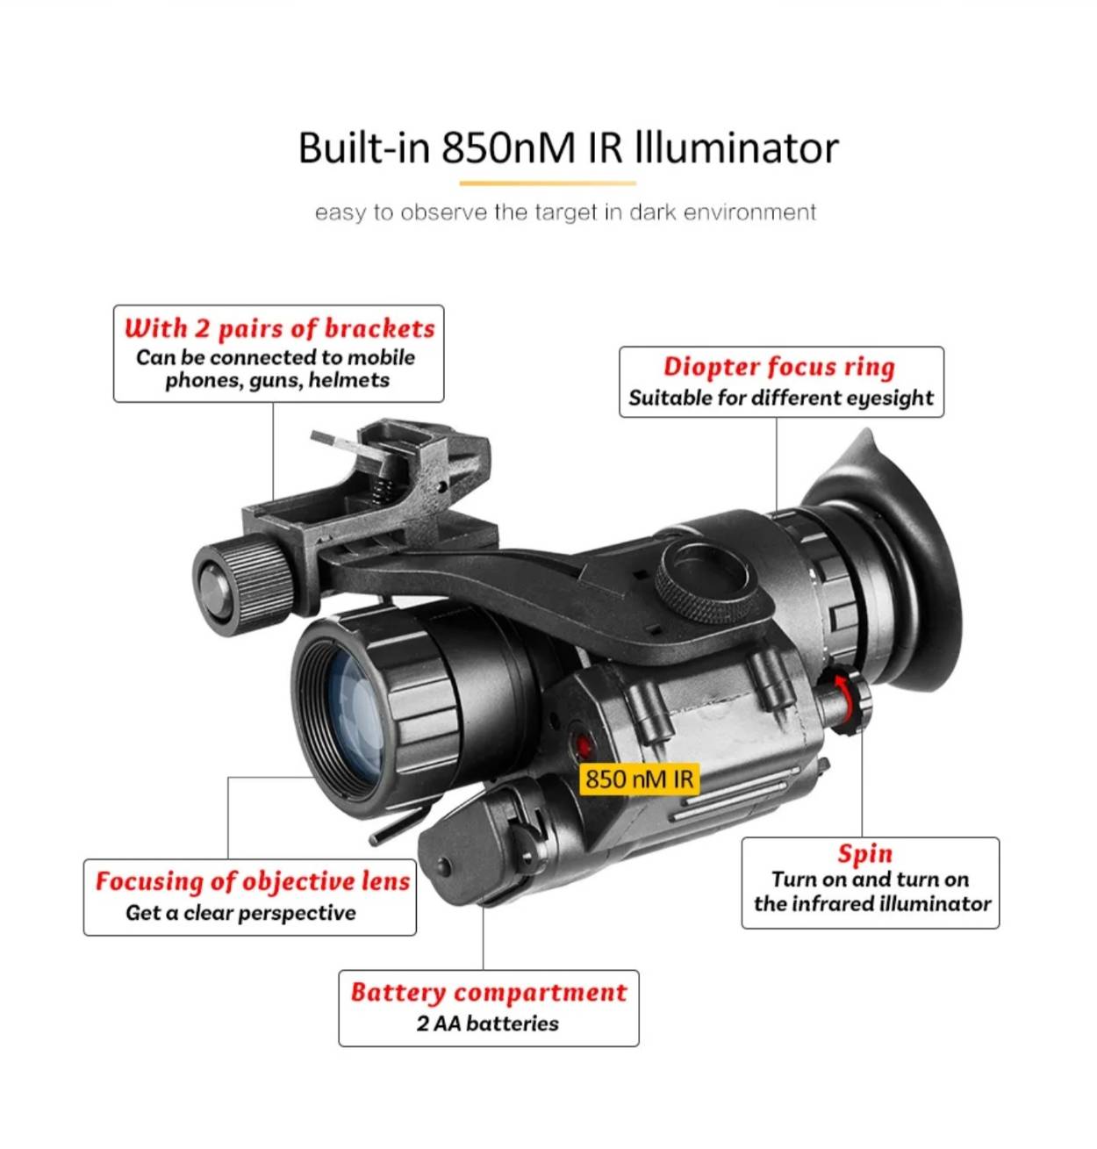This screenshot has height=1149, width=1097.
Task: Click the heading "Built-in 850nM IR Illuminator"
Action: pos(568,147)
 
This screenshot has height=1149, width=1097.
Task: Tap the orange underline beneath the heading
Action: pos(548,183)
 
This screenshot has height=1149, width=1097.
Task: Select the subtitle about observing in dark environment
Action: pos(565,212)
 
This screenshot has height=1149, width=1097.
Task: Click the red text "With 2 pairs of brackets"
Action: pos(279,328)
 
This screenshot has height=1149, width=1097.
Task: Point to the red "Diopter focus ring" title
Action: pos(778,367)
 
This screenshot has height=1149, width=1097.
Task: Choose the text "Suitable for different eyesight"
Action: pos(780,398)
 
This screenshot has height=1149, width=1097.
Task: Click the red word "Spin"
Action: pos(864,854)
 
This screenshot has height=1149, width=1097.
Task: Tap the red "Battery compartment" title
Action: pos(488,993)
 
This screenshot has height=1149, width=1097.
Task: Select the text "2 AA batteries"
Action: pos(487,1023)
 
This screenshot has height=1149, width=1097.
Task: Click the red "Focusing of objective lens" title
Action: pos(253,881)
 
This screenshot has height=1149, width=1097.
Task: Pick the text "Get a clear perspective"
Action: pos(240,913)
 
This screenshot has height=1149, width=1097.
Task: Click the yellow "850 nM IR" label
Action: pos(639,779)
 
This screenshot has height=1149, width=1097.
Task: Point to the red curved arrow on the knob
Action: pos(845,699)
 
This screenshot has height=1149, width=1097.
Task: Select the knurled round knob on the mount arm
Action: pos(703,582)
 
